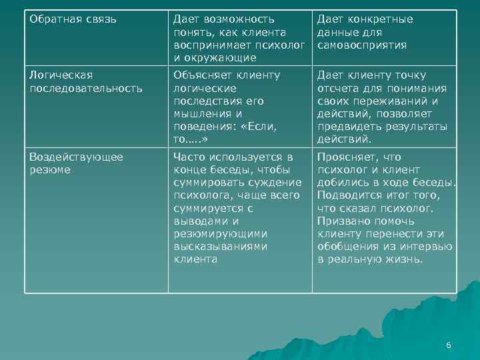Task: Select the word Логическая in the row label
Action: pos(61,75)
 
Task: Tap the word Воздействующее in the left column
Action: pos(76,157)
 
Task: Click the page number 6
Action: pos(449,345)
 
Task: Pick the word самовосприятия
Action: pos(361,45)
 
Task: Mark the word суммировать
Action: pos(207,183)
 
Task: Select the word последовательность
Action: pos(86,88)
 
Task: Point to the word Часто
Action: pos(189,157)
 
